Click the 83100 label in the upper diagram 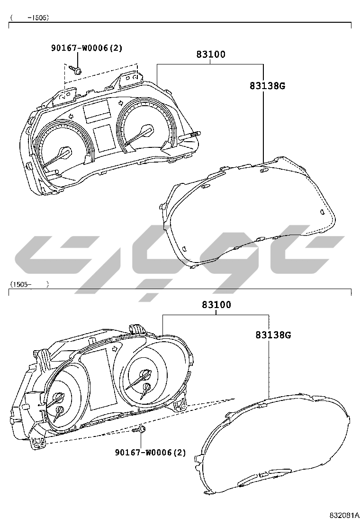[211, 54]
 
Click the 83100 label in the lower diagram [216, 305]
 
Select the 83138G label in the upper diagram [267, 86]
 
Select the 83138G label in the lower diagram [273, 335]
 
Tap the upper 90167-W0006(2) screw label [87, 48]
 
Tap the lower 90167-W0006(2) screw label [151, 453]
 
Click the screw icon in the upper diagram [76, 70]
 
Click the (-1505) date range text [29, 18]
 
